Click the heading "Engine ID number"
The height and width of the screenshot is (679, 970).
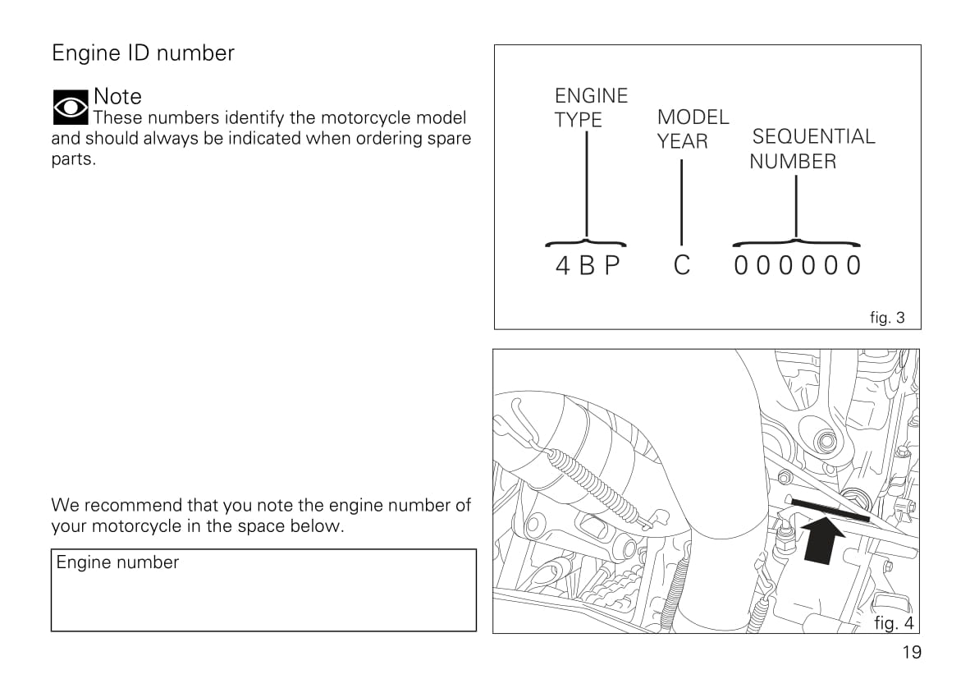point(143,53)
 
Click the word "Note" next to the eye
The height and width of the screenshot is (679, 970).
point(117,96)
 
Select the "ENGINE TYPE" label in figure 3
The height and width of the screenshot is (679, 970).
point(591,108)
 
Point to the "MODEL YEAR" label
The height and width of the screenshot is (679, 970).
point(693,129)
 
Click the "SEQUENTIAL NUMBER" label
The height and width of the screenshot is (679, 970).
point(812,149)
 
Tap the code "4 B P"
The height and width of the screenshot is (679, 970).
point(588,266)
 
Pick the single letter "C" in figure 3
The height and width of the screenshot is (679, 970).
point(682,266)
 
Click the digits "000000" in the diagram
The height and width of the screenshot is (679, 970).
point(797,266)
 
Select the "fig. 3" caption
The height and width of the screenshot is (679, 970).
point(887,318)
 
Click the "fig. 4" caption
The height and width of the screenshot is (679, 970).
point(894,623)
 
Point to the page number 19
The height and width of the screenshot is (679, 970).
point(911,653)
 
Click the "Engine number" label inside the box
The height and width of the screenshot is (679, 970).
point(117,562)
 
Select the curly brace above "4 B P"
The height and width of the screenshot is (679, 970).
point(586,242)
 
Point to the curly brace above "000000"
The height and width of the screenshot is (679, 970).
point(796,242)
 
